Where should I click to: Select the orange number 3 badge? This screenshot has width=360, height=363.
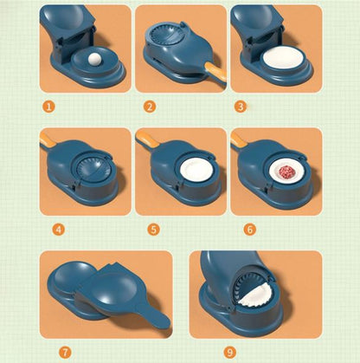tap(241, 107)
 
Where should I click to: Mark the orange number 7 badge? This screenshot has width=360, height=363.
tap(64, 352)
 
